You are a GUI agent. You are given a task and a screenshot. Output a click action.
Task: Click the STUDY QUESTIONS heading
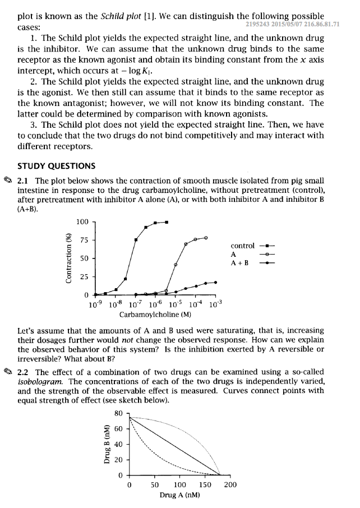[x=56, y=166]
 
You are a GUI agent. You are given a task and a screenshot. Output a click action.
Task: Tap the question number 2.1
[x=25, y=181]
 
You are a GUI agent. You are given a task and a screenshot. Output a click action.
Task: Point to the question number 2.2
[x=25, y=372]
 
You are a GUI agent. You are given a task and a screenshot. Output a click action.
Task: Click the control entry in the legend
[x=242, y=246]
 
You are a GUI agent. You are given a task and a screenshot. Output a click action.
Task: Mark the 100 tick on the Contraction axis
[x=82, y=223]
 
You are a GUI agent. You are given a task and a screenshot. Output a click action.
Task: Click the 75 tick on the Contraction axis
[x=84, y=241]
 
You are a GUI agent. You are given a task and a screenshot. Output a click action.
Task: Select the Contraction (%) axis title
[x=70, y=258]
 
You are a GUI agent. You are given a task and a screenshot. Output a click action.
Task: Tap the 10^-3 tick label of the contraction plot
[x=215, y=304]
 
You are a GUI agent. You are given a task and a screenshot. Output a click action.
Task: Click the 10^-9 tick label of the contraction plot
[x=95, y=304]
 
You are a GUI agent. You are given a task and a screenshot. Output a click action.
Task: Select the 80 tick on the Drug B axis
[x=118, y=414]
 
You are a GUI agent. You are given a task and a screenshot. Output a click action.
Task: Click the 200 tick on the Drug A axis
[x=229, y=485]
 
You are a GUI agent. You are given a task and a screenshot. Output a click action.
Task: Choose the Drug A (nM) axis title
[x=180, y=495]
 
